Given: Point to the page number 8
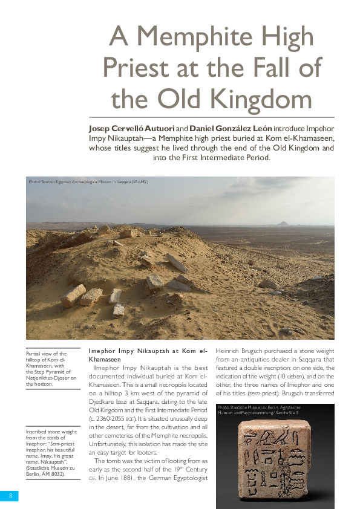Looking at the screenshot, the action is [x=10, y=496].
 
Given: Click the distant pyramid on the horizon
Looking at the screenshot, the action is [x=283, y=223].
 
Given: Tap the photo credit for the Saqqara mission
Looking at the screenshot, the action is [x=88, y=181].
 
